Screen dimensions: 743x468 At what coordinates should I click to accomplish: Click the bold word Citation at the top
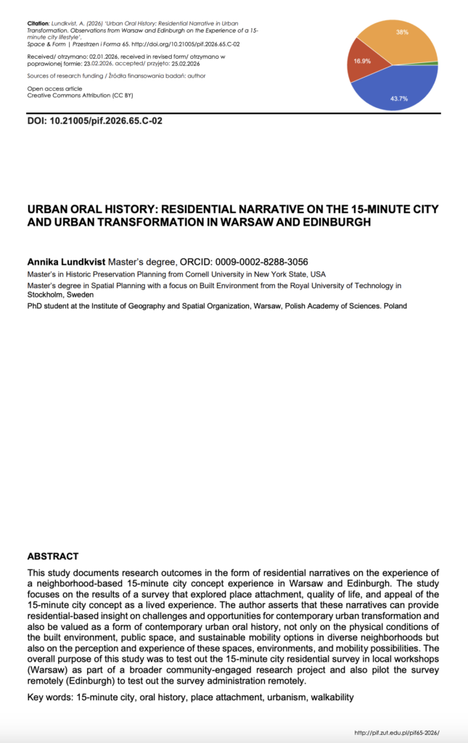(38, 25)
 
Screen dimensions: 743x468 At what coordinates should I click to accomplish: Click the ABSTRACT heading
(52, 557)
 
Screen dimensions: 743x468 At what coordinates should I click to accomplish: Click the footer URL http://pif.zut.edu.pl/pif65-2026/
(397, 734)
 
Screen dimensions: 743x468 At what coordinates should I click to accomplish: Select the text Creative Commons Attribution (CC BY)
(81, 95)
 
